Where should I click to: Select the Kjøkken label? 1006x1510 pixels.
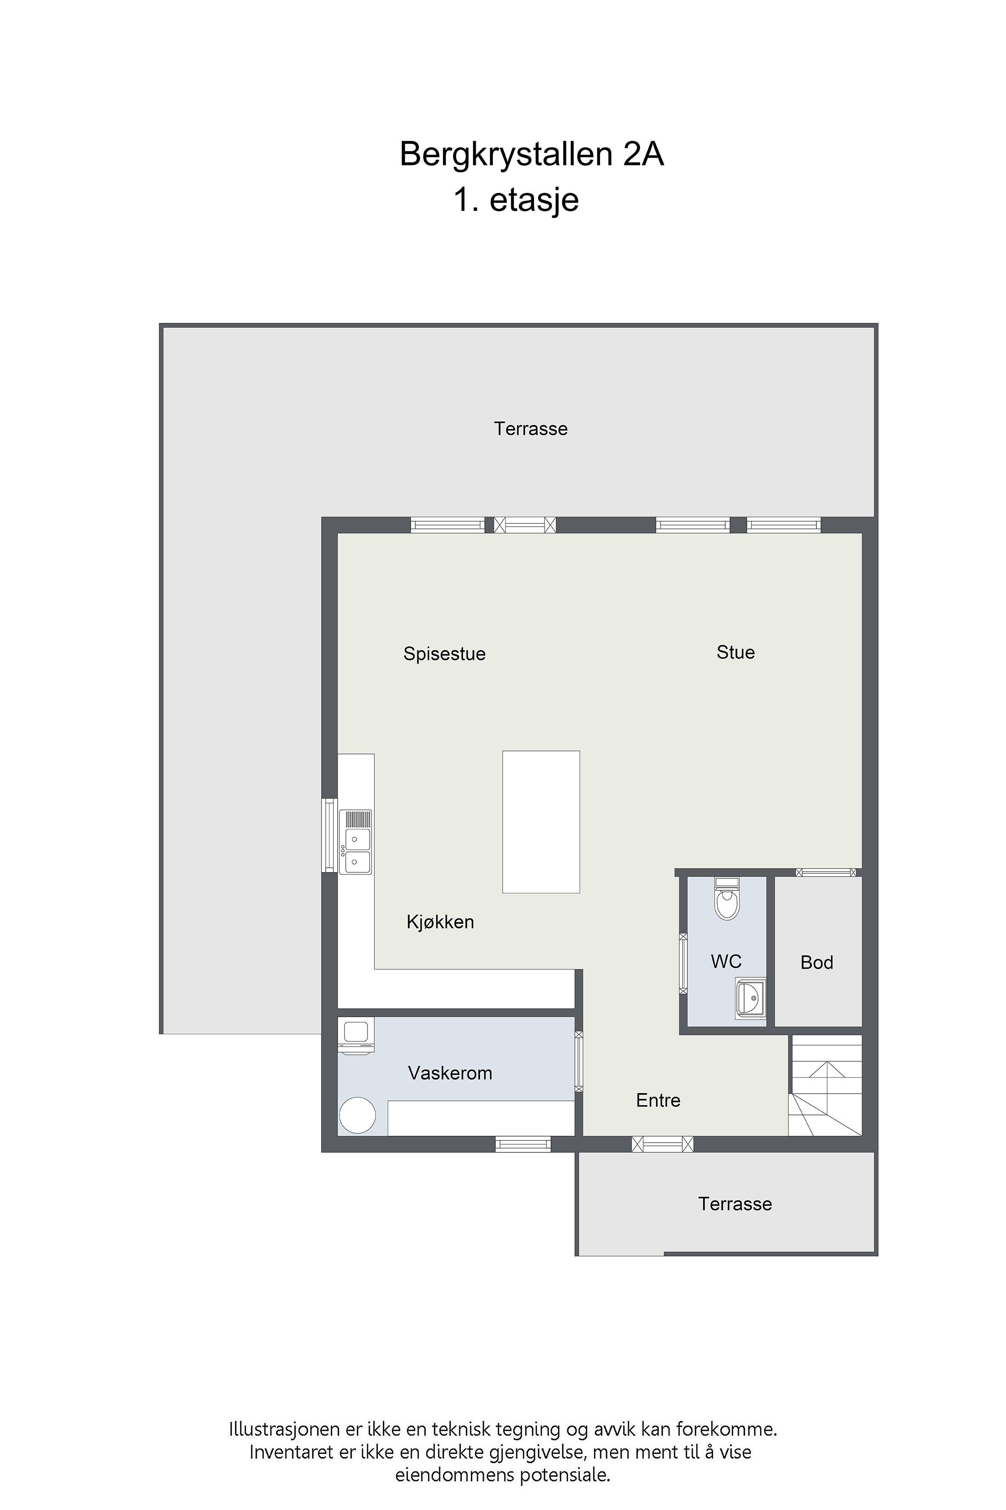click(440, 922)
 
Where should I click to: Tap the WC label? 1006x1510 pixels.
click(726, 961)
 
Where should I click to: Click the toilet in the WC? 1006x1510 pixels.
click(727, 898)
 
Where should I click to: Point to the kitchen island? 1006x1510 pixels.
click(541, 822)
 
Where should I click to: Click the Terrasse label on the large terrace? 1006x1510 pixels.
click(531, 429)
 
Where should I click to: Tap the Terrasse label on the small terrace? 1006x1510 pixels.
click(735, 1204)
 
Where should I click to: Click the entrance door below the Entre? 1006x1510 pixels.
click(663, 1143)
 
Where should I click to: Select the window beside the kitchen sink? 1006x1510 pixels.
click(329, 835)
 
